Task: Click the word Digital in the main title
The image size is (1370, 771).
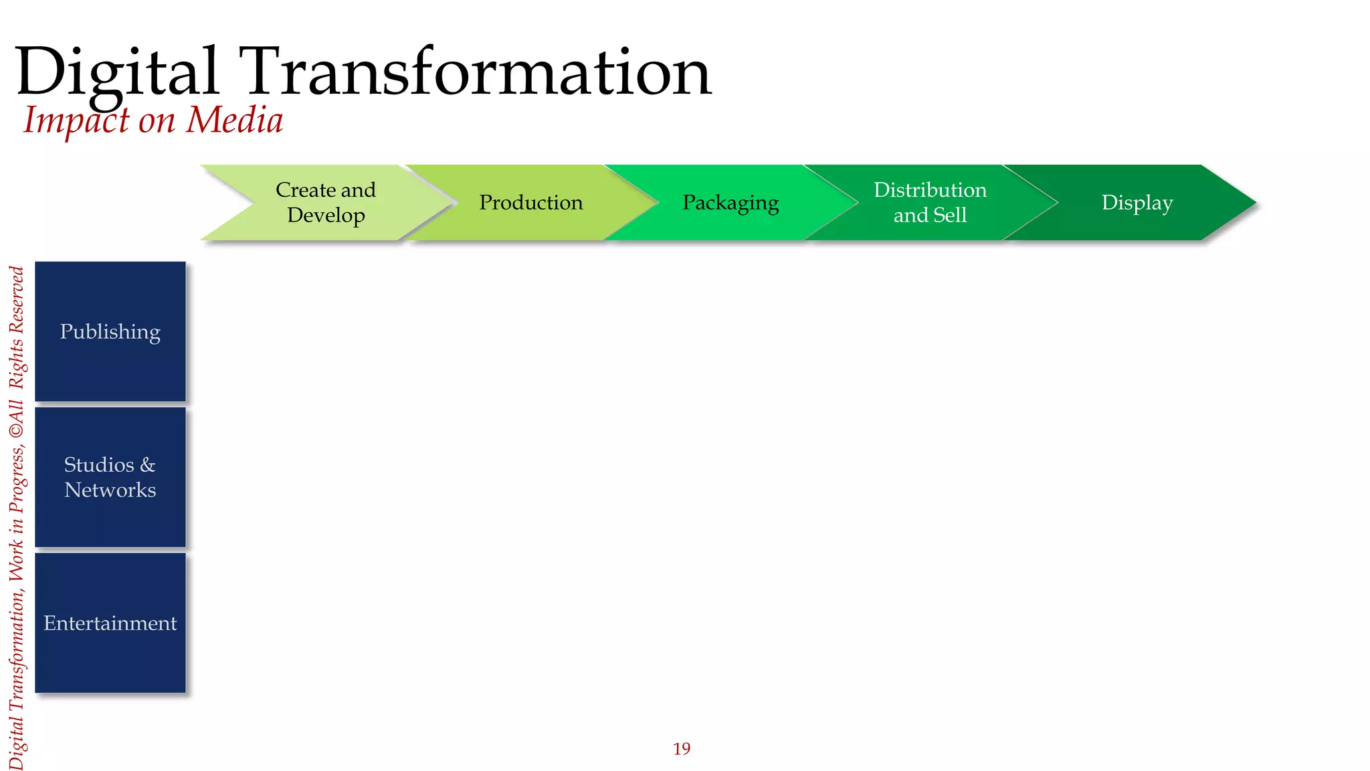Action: tap(117, 72)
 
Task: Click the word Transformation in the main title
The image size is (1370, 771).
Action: tap(478, 72)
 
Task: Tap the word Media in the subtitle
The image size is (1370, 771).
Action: tap(234, 120)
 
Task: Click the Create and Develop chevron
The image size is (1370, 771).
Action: tap(326, 202)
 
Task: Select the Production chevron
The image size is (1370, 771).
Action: tap(530, 202)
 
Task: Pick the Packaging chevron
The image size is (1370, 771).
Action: tap(730, 202)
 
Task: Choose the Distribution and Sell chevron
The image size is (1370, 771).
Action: tap(930, 202)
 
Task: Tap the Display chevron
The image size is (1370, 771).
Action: tap(1137, 202)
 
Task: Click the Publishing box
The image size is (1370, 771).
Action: tap(110, 331)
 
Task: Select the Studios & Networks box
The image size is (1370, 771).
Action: tap(110, 477)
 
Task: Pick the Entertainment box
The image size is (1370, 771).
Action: tap(110, 623)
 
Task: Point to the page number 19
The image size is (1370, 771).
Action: tap(682, 748)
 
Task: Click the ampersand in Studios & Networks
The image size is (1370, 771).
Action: tap(148, 464)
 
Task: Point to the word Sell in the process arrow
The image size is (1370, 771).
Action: tap(950, 215)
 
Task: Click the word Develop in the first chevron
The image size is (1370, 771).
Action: tap(326, 215)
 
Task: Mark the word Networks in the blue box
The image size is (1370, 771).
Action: tap(110, 490)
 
